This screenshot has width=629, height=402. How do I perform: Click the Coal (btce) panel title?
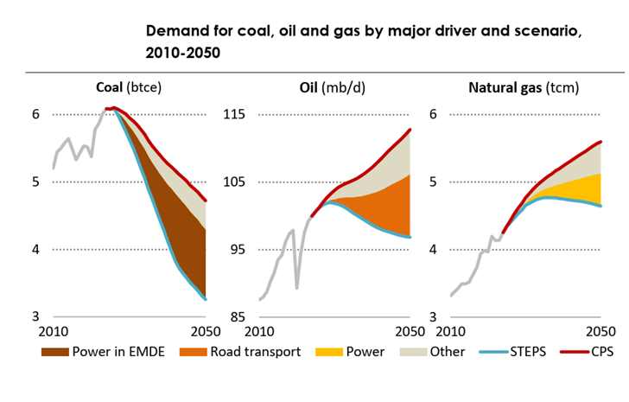coord(129,87)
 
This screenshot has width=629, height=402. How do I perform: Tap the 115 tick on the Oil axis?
coord(237,114)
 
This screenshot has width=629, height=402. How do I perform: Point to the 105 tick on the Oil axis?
coord(237,182)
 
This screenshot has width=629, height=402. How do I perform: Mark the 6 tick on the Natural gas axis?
coord(435,114)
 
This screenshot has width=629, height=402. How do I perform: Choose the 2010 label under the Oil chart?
coord(259,333)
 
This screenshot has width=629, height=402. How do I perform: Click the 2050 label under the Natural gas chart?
coord(600,333)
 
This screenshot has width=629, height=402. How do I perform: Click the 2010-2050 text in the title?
coord(183,53)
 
